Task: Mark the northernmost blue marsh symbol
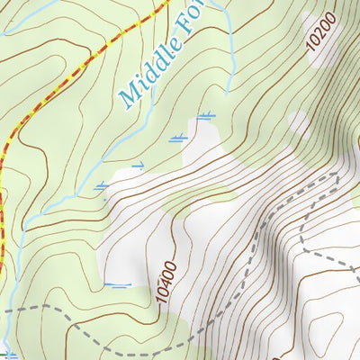(206, 115)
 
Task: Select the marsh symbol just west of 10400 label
(117, 285)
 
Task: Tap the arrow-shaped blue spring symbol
(138, 166)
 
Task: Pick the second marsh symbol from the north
(179, 137)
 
